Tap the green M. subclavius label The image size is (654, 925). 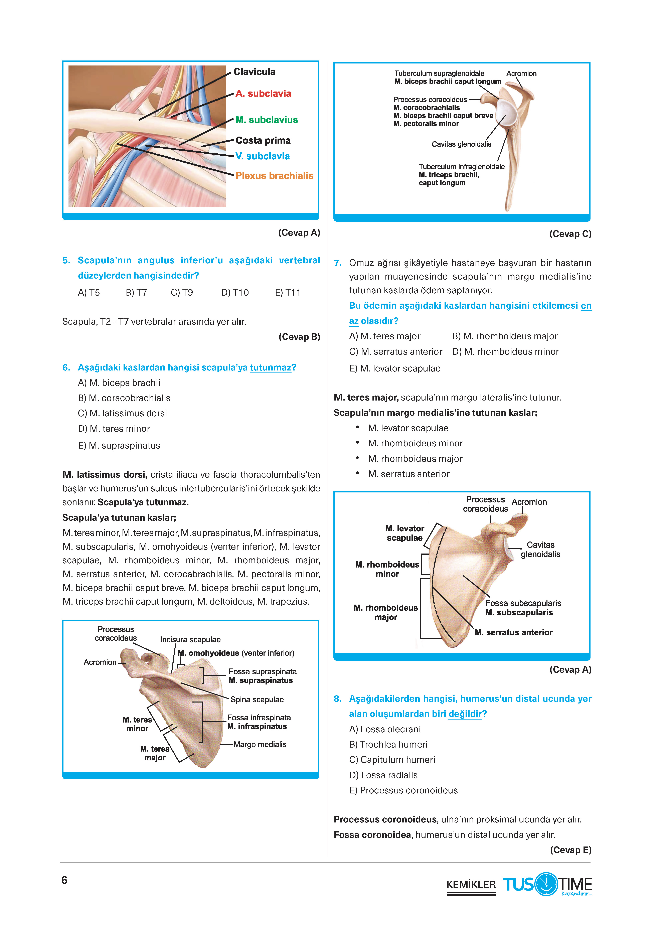(x=267, y=120)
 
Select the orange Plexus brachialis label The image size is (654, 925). (x=274, y=176)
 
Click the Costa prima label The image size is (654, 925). (x=263, y=140)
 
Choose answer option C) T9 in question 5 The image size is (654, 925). (x=182, y=293)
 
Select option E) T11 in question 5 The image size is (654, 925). (x=288, y=293)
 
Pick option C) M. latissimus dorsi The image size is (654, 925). (x=123, y=413)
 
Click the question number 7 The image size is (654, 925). (x=338, y=263)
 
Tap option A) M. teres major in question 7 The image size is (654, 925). (x=385, y=336)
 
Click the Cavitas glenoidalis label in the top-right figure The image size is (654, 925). (x=461, y=144)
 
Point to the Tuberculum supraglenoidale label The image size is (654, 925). (x=439, y=73)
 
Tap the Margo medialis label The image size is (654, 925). (x=260, y=745)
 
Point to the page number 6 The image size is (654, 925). (x=64, y=880)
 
